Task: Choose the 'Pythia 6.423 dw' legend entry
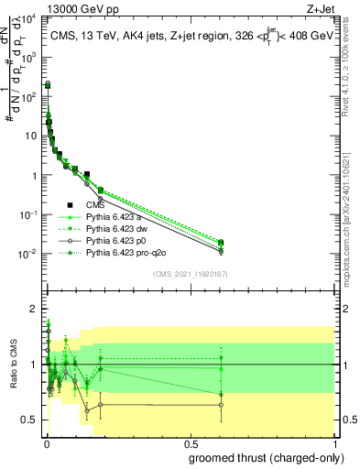click(x=116, y=228)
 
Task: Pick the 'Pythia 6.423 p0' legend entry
click(x=116, y=240)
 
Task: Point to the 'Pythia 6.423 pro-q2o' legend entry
click(x=126, y=251)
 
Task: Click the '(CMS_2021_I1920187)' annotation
click(x=191, y=272)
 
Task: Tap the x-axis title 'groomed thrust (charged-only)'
click(x=260, y=457)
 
